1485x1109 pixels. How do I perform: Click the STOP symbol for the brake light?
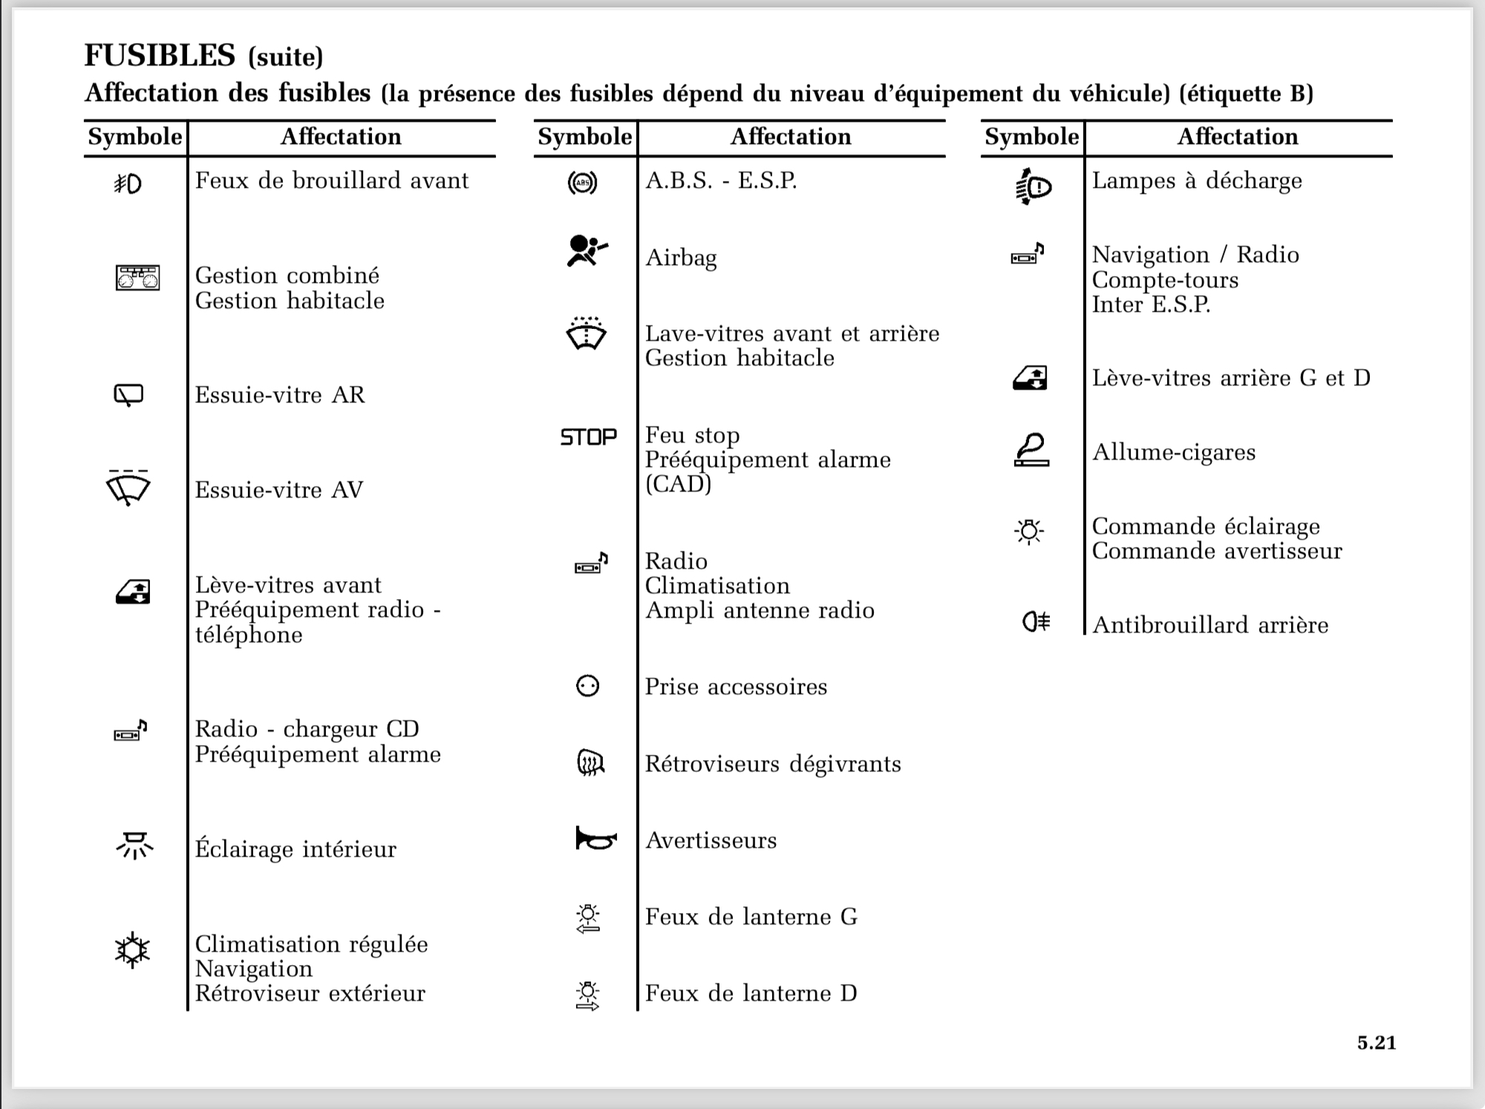tap(588, 436)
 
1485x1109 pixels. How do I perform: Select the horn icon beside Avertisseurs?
tap(595, 839)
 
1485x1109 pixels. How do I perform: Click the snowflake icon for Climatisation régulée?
tap(132, 950)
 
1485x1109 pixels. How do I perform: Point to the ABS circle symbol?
tap(582, 183)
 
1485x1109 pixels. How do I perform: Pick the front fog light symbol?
tap(128, 183)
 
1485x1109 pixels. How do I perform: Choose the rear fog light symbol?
tap(1036, 621)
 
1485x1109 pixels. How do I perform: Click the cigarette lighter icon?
tap(1031, 450)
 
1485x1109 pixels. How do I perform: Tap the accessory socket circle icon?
tap(587, 686)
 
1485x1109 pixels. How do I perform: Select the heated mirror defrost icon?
tap(590, 762)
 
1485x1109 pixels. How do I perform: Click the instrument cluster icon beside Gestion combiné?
tap(137, 278)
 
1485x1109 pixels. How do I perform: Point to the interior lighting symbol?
tap(134, 845)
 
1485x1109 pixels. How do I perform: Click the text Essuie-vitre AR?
tap(280, 395)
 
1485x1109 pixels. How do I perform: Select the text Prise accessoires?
tap(735, 687)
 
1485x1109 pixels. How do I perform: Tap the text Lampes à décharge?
tap(1196, 181)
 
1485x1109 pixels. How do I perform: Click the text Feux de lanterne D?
tap(751, 993)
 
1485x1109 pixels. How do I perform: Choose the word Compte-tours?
tap(1165, 280)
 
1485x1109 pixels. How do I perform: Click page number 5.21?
tap(1376, 1043)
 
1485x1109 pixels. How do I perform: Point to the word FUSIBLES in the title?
tap(160, 56)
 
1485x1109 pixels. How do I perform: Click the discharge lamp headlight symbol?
tap(1033, 186)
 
